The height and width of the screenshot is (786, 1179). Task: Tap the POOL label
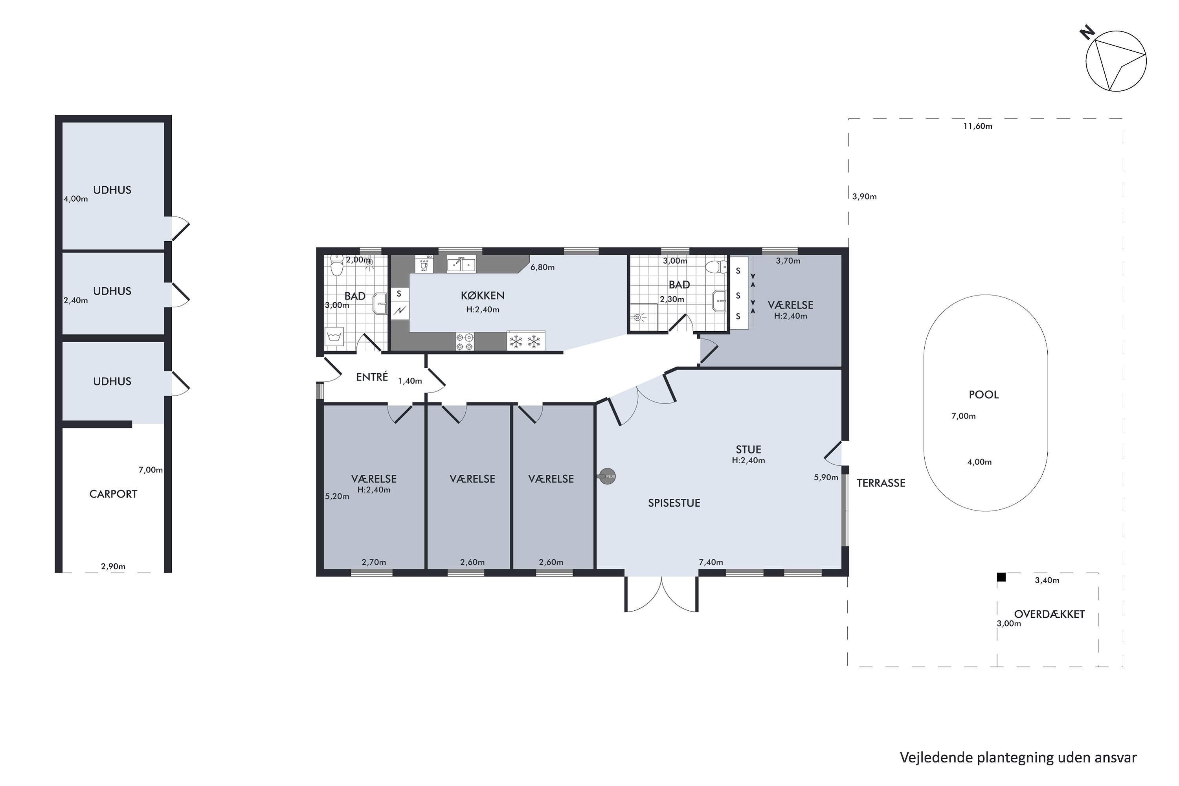coord(984,395)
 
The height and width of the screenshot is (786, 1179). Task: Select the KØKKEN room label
coord(483,296)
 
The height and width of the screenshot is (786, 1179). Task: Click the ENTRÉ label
coord(372,377)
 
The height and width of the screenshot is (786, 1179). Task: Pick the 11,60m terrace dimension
coord(977,126)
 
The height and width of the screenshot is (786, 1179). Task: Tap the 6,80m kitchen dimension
coord(542,267)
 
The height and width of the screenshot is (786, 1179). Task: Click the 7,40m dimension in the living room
coord(711,562)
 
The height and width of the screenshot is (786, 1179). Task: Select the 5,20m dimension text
coord(337,496)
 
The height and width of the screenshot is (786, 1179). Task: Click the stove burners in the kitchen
coord(464,342)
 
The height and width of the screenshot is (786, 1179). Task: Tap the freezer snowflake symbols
coord(525,342)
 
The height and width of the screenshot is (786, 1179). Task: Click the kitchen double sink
coord(461,264)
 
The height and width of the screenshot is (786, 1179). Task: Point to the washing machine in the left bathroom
coord(334,336)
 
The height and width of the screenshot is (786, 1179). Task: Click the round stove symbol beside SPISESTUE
coord(608,476)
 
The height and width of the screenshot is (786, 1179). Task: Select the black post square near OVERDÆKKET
coord(1001,577)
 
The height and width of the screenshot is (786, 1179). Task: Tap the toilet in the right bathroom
coord(716,267)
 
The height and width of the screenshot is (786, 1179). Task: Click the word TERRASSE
coord(881,483)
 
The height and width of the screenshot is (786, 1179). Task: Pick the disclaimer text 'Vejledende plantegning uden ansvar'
coord(1018,757)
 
